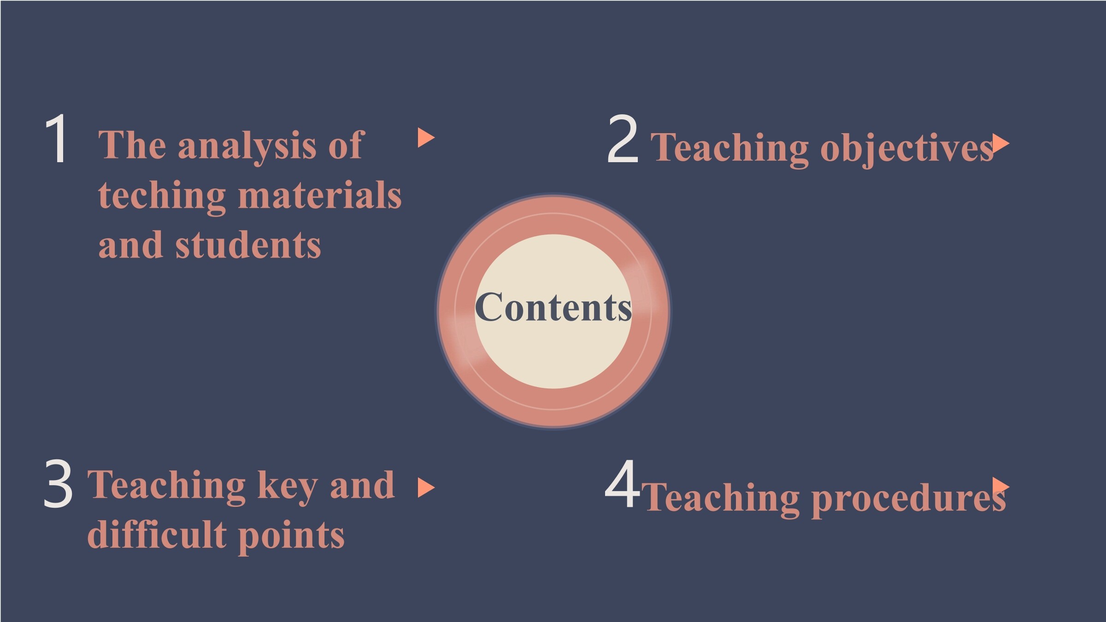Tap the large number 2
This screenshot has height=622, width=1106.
point(623,139)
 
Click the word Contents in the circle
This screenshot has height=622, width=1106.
point(553,307)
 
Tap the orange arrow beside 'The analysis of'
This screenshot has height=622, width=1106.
point(426,138)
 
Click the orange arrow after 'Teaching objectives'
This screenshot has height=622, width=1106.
point(1001,144)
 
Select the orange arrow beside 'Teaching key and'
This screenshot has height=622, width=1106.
point(426,488)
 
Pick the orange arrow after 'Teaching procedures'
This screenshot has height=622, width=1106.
point(1001,487)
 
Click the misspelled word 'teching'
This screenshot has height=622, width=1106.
point(162,197)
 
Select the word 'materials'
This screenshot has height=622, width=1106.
point(320,194)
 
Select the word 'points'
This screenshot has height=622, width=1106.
point(291,537)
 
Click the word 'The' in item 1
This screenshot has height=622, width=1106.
point(132,145)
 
